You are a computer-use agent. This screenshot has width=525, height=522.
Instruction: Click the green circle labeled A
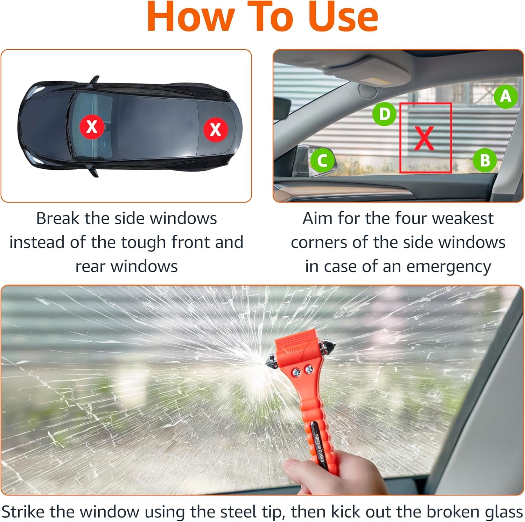coord(506,96)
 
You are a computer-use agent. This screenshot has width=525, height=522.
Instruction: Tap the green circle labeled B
coord(485,160)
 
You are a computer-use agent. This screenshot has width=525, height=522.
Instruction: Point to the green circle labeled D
coord(384,114)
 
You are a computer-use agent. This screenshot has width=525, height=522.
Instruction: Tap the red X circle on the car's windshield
coord(92,126)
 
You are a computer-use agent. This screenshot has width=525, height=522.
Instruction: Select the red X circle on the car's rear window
coord(216,129)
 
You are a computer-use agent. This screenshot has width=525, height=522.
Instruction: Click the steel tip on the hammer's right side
coord(330,347)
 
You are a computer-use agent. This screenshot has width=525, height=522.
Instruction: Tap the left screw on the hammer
coord(296,372)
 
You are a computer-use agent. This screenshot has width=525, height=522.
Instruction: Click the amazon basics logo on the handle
coord(319,446)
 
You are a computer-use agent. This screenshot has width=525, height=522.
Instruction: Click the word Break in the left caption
coord(58,218)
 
